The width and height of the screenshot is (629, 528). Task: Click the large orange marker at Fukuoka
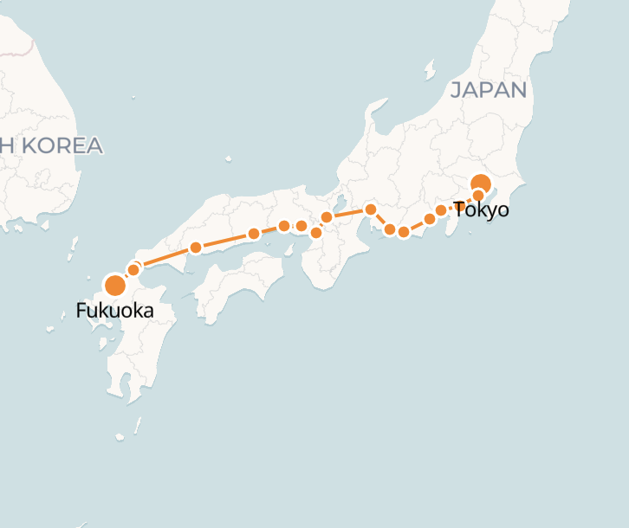(x=114, y=286)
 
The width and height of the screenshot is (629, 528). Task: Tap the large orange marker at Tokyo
(x=480, y=184)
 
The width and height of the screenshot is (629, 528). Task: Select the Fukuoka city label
(x=114, y=310)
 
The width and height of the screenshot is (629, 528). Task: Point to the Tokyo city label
(x=481, y=209)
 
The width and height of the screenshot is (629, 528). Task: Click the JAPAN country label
(x=489, y=90)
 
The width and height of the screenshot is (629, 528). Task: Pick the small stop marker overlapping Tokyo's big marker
(x=477, y=195)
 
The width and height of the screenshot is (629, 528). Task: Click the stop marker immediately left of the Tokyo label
(x=441, y=210)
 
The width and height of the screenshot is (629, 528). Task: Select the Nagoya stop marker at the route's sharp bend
(x=370, y=209)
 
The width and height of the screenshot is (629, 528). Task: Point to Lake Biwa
(x=336, y=208)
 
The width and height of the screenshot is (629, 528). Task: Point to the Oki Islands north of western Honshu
(x=229, y=159)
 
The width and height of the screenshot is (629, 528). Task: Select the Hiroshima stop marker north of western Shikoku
(x=196, y=248)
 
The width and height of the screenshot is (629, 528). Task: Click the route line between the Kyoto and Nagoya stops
(x=348, y=213)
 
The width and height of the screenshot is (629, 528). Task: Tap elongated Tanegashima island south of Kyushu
(x=138, y=426)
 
